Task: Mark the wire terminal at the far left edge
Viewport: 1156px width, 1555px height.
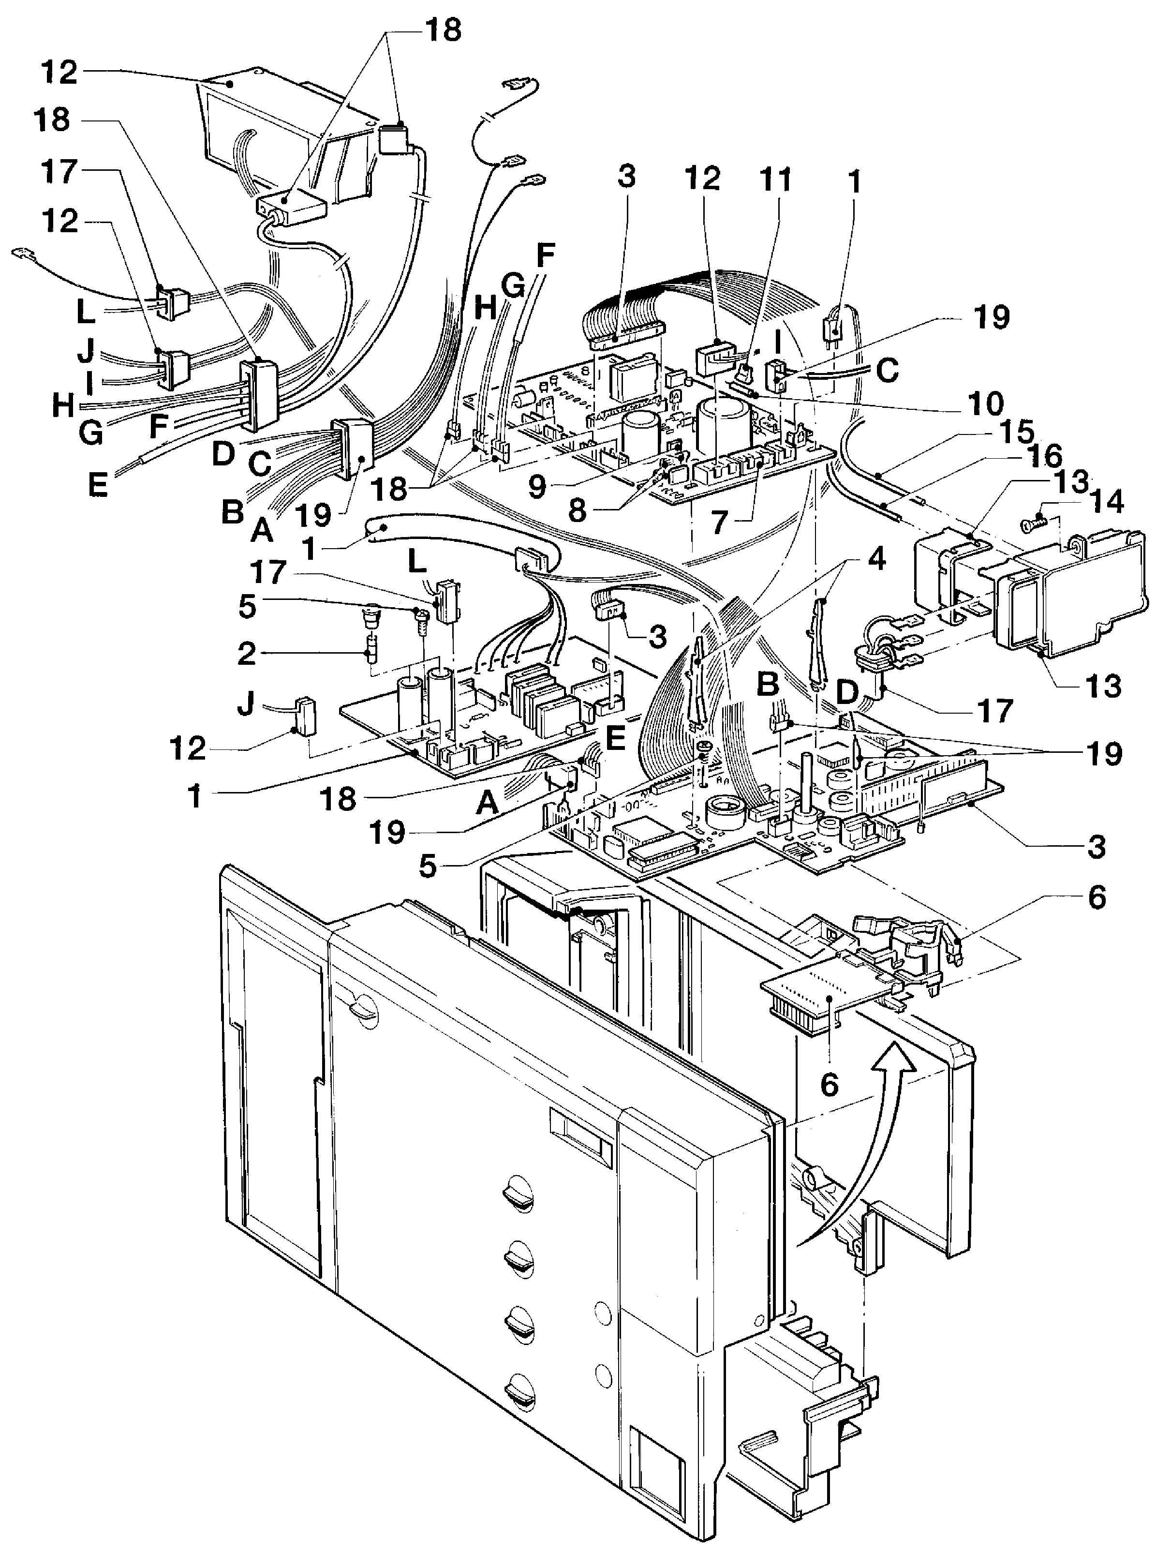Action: tap(25, 251)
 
